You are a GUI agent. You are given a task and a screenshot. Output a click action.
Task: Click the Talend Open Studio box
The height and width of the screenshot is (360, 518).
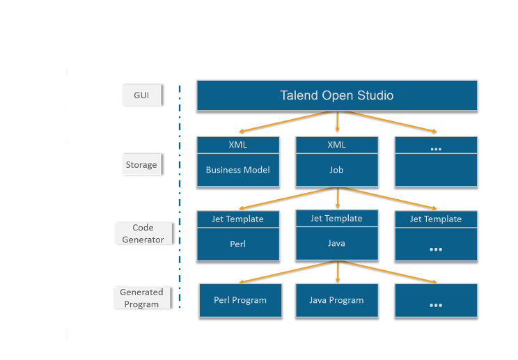337,95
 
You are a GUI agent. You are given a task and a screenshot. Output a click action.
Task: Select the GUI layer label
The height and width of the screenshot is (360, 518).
142,95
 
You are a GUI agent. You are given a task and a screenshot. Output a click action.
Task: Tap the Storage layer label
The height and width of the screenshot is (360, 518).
141,165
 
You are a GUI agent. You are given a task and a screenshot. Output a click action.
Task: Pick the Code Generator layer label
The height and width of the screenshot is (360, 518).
143,233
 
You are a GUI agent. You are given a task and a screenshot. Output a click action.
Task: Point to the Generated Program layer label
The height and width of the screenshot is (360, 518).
141,298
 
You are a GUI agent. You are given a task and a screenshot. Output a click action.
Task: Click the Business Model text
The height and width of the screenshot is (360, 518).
237,170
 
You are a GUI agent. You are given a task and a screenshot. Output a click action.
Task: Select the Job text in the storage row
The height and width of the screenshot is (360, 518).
337,169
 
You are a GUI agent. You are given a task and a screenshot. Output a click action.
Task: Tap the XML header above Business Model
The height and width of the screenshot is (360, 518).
237,145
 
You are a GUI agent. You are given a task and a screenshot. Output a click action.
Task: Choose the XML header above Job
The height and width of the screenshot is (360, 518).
337,145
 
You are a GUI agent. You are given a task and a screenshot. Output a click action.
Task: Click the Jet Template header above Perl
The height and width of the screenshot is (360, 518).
237,219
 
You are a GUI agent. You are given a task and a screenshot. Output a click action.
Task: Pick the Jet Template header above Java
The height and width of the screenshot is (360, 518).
337,218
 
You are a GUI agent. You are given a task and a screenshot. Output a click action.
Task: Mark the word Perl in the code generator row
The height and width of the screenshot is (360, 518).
237,245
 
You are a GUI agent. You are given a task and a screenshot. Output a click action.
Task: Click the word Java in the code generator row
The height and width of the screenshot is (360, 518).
337,244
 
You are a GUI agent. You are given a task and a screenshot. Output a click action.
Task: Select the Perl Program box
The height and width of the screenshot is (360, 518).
240,301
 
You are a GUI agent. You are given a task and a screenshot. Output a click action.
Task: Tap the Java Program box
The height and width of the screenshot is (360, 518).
337,300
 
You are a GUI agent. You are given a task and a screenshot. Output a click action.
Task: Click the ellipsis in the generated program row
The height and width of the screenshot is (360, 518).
436,304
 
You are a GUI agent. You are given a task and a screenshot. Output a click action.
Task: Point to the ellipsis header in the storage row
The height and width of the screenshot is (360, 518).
436,148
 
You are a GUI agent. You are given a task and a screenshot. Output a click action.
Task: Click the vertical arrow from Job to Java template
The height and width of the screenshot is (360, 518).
338,198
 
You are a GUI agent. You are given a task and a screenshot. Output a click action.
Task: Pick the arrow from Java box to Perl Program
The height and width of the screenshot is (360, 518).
287,272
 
